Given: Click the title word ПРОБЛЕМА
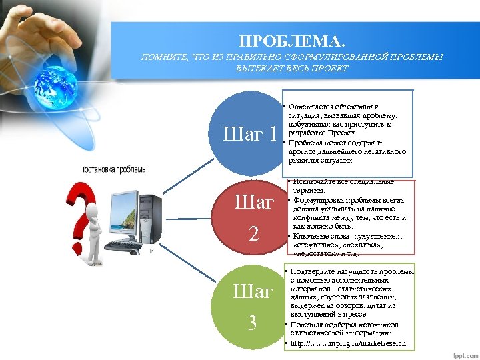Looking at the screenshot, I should coord(293,40).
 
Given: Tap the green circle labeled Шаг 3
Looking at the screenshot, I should coord(252,307).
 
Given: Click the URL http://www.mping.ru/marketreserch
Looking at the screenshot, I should coord(347,344).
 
